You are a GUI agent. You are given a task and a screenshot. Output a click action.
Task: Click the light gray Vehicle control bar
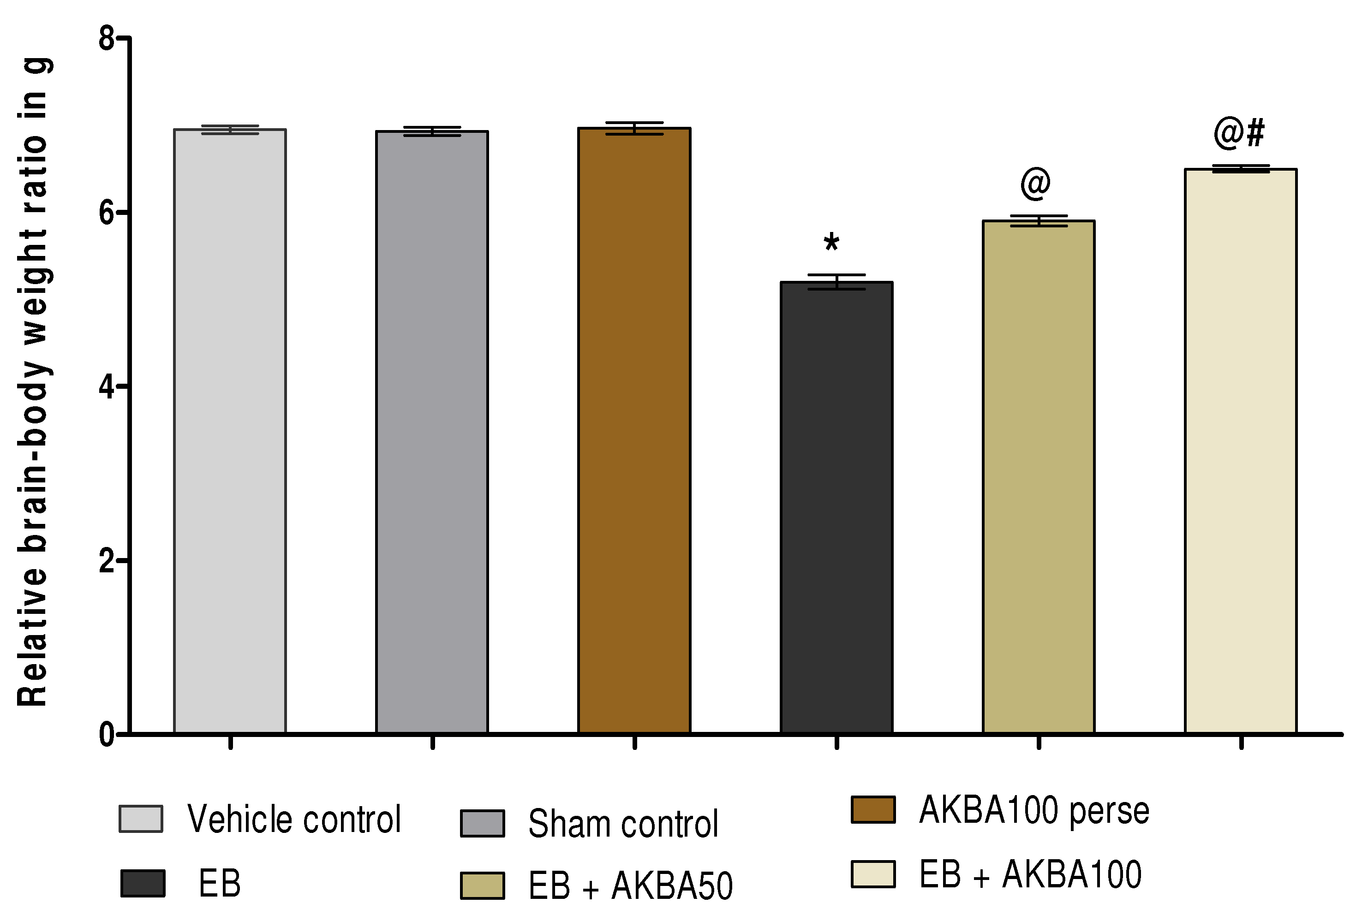(230, 432)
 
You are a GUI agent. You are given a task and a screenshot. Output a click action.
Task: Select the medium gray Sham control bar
(432, 432)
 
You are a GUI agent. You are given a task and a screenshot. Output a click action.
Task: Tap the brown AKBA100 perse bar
(634, 432)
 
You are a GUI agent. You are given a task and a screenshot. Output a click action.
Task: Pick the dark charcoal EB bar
(836, 508)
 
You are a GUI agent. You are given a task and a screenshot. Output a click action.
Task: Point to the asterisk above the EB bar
(831, 243)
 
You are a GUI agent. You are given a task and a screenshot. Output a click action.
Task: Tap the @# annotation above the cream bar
(1239, 132)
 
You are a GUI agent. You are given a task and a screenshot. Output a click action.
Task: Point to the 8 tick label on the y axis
(106, 39)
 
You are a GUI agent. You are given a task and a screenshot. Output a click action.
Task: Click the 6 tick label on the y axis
(106, 213)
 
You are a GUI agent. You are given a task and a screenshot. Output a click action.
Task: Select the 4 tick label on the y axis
(106, 387)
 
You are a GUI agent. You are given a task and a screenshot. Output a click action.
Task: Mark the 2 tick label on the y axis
(106, 561)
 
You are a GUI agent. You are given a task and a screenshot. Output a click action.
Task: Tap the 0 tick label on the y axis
(106, 735)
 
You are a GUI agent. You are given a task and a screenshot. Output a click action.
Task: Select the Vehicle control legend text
(293, 819)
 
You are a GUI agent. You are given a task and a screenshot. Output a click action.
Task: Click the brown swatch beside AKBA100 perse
(873, 809)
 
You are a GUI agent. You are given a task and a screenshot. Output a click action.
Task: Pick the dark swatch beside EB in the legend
(143, 883)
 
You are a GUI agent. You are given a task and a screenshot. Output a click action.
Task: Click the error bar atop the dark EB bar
(836, 282)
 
